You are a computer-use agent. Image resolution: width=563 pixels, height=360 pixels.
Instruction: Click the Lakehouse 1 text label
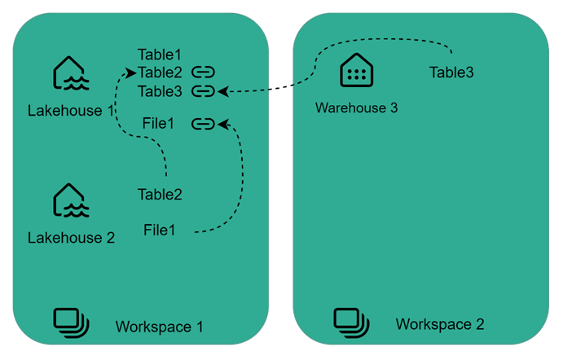(71, 110)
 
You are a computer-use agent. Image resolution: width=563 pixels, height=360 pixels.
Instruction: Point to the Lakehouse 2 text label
(71, 238)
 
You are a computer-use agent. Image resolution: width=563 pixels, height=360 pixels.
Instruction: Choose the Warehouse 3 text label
(356, 108)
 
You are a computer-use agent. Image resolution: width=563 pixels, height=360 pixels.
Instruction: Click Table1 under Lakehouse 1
(160, 55)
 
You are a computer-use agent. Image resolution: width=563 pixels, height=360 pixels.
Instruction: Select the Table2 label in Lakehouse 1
(160, 72)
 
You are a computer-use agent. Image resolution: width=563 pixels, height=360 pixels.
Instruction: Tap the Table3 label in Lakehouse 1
(160, 90)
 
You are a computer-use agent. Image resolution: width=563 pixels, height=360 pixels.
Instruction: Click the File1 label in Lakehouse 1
(160, 125)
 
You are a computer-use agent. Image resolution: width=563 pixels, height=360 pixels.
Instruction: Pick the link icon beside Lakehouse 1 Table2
(203, 72)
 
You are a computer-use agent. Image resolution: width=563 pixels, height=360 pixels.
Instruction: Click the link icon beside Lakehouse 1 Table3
(203, 90)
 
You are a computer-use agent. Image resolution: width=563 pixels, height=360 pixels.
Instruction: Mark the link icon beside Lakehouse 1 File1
(203, 124)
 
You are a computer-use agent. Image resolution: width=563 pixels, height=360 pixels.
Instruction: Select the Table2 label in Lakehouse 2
(160, 195)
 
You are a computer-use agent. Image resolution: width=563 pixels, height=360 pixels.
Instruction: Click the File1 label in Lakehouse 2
(160, 230)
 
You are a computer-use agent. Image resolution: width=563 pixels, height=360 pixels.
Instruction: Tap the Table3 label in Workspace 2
(451, 72)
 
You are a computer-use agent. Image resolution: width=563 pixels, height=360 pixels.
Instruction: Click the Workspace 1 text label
(159, 327)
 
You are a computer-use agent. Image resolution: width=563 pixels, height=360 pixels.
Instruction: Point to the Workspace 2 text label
(440, 324)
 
